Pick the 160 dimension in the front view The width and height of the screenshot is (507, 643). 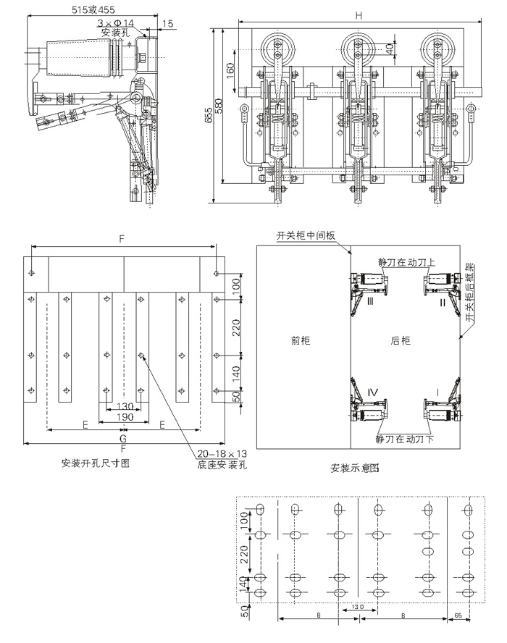point(230,71)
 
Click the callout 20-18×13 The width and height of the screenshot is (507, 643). point(222,454)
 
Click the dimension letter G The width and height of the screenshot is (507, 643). point(123,437)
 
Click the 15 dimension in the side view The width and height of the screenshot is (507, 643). point(168,24)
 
